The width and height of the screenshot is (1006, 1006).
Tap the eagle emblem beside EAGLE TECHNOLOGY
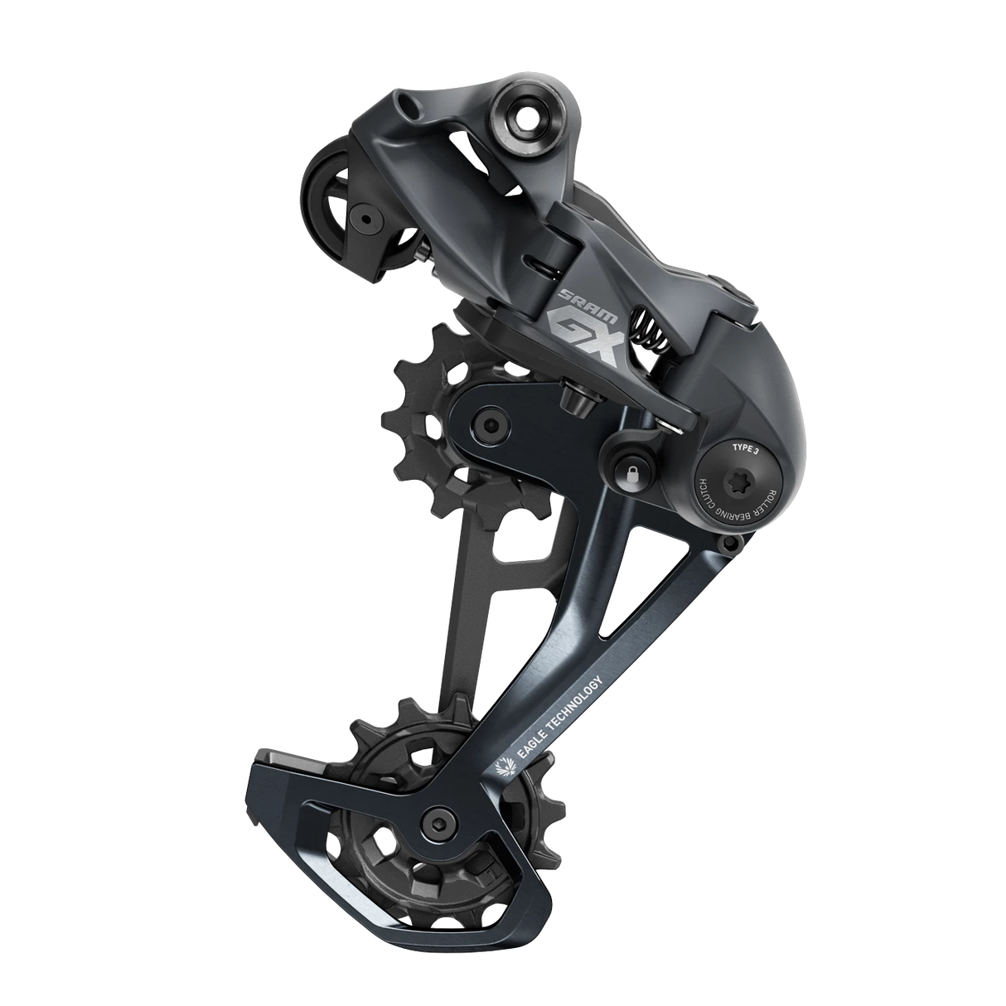[x=501, y=767]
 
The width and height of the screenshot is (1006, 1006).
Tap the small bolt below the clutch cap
[x=728, y=544]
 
